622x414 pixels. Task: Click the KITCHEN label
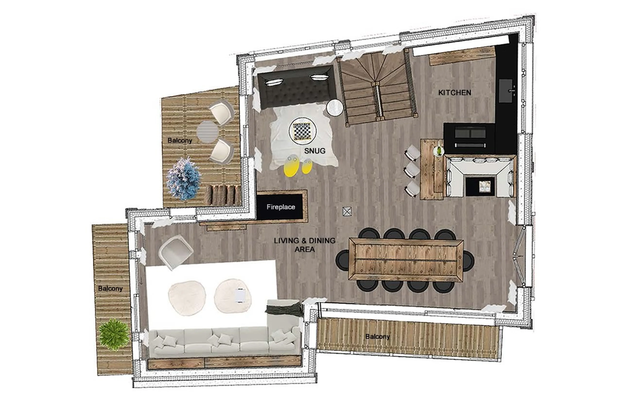(x=454, y=93)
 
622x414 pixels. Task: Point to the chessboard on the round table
(x=302, y=130)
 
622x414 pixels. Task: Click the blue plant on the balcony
(x=184, y=179)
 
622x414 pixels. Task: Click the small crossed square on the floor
(x=347, y=211)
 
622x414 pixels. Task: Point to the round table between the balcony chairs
(x=207, y=132)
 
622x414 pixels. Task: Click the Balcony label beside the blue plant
(x=180, y=140)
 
